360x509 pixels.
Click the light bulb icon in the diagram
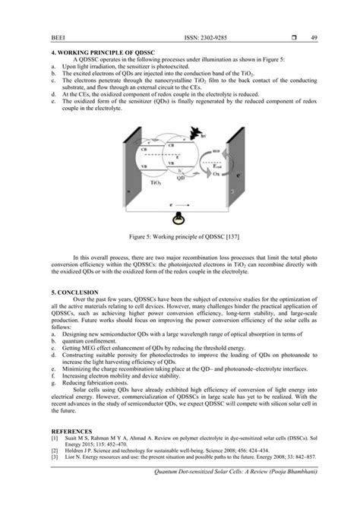[x=179, y=219]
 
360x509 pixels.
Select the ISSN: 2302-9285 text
[x=187, y=36]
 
